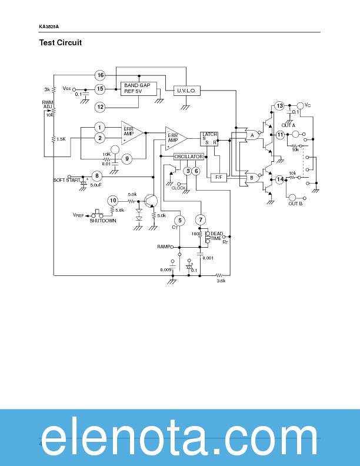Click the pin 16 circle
(x=101, y=75)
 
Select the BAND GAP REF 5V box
(x=137, y=88)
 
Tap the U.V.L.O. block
(x=186, y=91)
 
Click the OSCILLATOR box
(x=188, y=157)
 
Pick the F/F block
(x=218, y=177)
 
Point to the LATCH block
(x=209, y=138)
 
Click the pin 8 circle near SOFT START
(x=97, y=176)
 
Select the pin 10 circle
(x=113, y=201)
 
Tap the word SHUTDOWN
(x=103, y=221)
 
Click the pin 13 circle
(x=279, y=106)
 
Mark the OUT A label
(x=288, y=125)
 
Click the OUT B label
(x=295, y=204)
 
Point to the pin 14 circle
(x=280, y=179)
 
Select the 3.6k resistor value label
(x=221, y=281)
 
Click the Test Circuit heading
(x=61, y=42)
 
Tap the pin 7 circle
(x=201, y=220)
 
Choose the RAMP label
(x=164, y=247)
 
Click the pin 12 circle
(x=101, y=107)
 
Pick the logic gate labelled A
(x=252, y=135)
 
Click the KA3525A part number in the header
(x=49, y=26)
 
